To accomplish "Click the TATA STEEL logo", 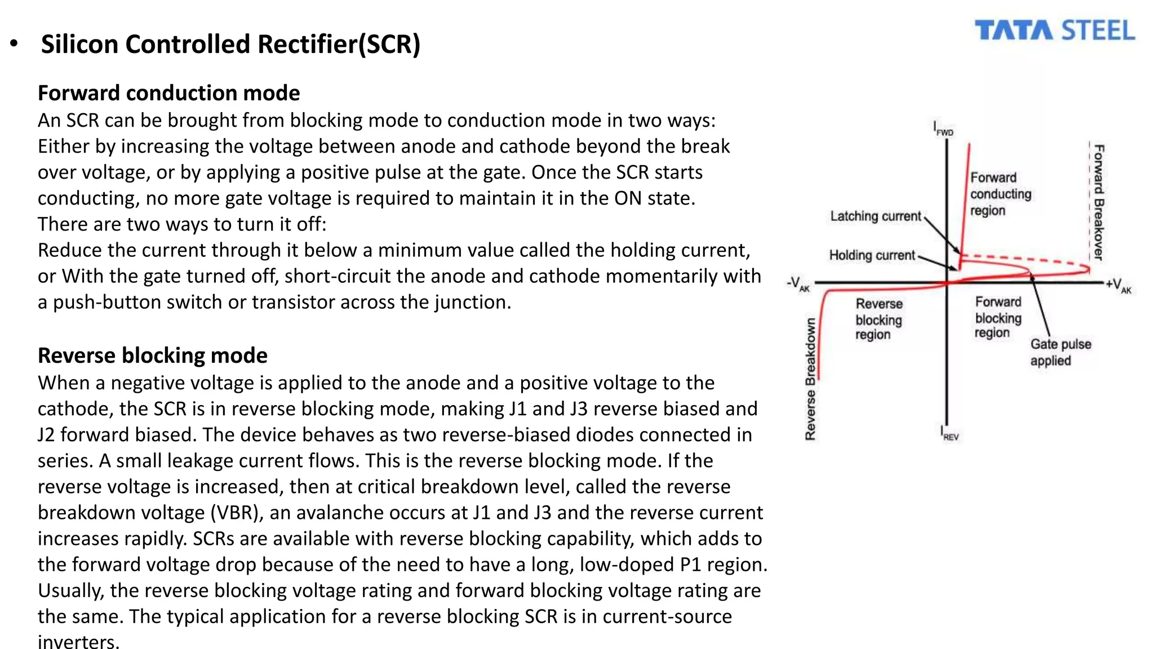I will click(1054, 30).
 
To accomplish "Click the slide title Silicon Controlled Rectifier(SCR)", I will click(230, 45).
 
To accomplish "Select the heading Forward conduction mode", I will click(168, 93).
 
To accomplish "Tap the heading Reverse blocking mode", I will click(152, 355).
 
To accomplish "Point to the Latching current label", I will click(875, 216).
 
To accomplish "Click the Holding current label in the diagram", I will click(872, 256).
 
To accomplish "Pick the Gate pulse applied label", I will click(1060, 352).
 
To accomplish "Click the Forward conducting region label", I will click(1000, 194).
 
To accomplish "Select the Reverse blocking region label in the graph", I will click(878, 319).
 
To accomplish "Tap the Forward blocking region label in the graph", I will click(998, 318).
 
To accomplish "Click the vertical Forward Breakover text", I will click(1099, 202).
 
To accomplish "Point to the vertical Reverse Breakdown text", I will click(810, 379).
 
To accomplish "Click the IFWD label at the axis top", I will click(943, 129).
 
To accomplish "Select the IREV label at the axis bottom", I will click(949, 433).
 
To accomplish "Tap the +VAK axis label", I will click(1118, 286).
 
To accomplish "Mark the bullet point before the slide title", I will click(15, 44).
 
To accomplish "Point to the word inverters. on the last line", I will click(78, 641).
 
